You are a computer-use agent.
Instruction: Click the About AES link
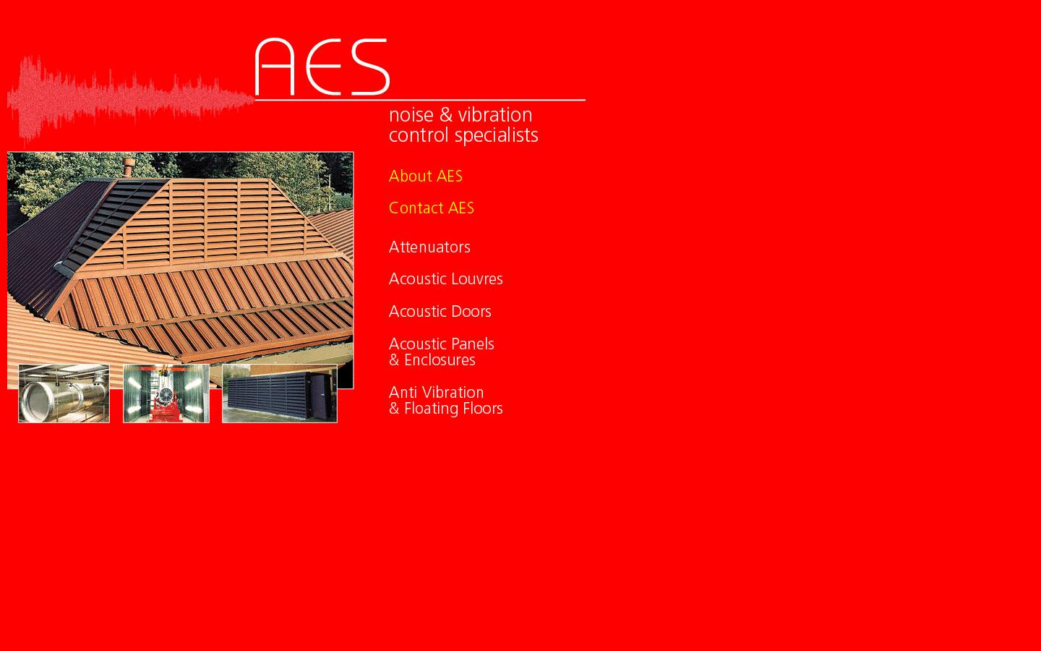[x=425, y=176]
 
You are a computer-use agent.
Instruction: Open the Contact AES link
[x=431, y=208]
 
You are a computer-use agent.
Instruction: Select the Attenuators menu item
[x=429, y=247]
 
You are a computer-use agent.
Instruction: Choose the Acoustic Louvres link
[x=445, y=279]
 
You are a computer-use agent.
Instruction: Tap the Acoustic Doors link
[x=440, y=312]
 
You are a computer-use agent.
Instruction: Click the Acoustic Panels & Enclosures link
[x=441, y=352]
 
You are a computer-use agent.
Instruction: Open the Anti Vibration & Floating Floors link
[x=445, y=401]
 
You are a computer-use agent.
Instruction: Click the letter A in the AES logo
[x=275, y=67]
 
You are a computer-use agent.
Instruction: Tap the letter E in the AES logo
[x=323, y=67]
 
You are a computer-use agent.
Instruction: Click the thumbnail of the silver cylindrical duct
[x=64, y=393]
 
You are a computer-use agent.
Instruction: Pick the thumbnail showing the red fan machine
[x=166, y=393]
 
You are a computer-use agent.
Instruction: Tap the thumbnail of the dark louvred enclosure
[x=279, y=393]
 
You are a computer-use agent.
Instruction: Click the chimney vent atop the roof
[x=129, y=167]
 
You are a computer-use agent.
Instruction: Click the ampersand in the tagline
[x=445, y=115]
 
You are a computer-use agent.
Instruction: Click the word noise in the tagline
[x=411, y=115]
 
